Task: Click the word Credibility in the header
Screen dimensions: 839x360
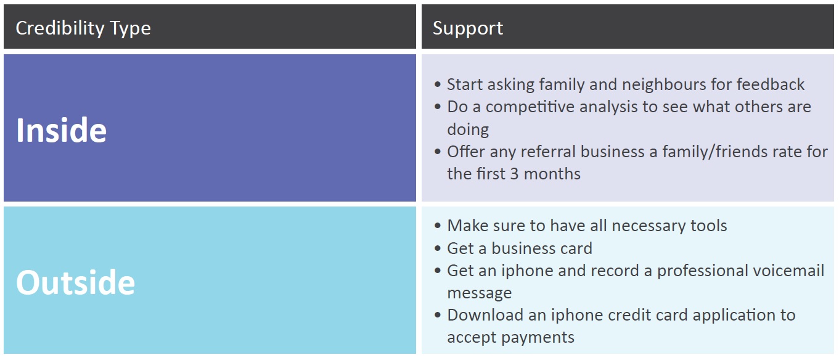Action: [x=60, y=28]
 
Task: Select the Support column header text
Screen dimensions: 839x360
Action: [x=468, y=28]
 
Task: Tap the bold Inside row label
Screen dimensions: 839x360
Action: [x=62, y=130]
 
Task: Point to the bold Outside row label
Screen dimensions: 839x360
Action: [x=75, y=282]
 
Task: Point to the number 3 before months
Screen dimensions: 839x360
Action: [x=514, y=174]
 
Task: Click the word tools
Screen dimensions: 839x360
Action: [x=709, y=226]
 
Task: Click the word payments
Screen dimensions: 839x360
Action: [x=538, y=338]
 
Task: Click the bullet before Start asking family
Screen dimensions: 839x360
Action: [x=438, y=84]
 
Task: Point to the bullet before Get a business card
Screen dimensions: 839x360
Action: [x=438, y=248]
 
